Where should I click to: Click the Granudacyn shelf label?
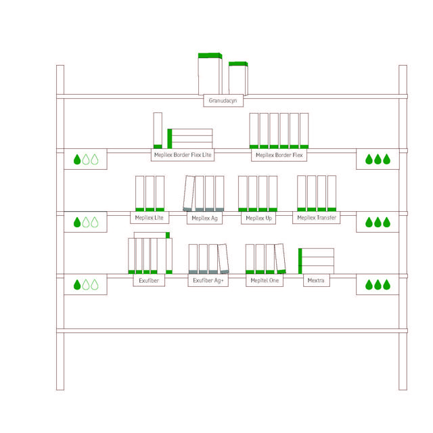coord(223,101)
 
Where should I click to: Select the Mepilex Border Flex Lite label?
coord(183,155)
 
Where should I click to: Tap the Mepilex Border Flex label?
coord(279,155)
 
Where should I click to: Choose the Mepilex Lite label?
coord(150,218)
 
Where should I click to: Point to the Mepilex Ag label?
coord(204,218)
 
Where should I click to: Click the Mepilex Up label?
coord(258,218)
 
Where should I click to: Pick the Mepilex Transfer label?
coord(317,218)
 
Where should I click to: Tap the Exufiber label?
coord(149,281)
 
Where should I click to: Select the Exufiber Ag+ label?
coord(208,281)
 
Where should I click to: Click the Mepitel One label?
coord(265,281)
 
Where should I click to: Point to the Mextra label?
coord(317,281)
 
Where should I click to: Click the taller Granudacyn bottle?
coord(210,74)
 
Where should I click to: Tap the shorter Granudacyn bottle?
coord(238,78)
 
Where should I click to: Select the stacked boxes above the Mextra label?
coord(316,261)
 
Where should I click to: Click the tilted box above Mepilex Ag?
coord(189,193)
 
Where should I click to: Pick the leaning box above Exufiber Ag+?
coord(223,259)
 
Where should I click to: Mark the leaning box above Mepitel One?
coord(280,258)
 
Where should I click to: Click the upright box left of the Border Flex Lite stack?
coord(158,131)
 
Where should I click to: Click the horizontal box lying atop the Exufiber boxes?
coord(152,235)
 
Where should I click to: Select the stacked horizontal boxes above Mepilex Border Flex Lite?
coord(190,139)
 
